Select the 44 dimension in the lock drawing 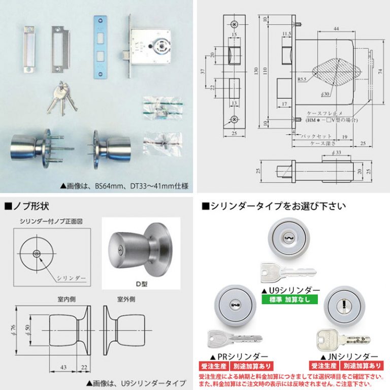(x=336, y=30)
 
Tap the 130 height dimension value (x=258, y=70)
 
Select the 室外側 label (x=126, y=299)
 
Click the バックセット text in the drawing (x=317, y=136)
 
